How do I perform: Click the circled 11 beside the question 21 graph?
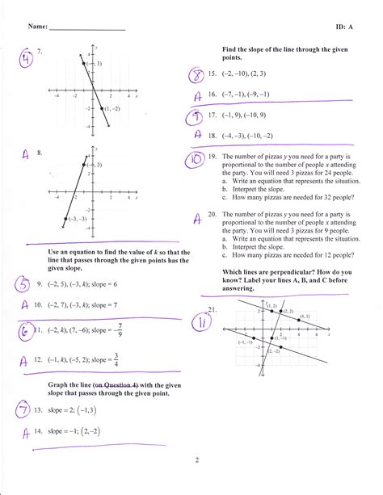click(x=196, y=321)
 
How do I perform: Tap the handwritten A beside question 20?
click(x=196, y=216)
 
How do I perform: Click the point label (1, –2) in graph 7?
click(x=112, y=108)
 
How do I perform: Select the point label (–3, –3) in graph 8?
click(x=78, y=218)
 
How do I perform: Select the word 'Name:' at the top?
click(x=37, y=27)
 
